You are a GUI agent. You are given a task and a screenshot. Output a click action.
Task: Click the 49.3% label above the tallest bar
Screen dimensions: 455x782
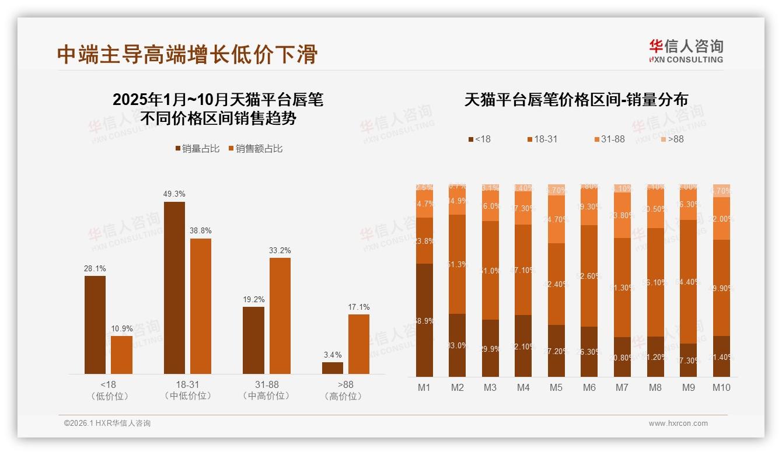click(x=174, y=194)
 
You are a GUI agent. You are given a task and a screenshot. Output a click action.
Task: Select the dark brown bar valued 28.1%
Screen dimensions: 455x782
click(x=95, y=324)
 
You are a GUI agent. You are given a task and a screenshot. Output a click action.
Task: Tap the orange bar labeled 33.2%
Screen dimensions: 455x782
click(x=280, y=315)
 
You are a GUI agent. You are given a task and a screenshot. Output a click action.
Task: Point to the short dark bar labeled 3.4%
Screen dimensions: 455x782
click(x=333, y=367)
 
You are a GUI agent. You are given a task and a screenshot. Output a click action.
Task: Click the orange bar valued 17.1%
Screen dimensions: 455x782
click(x=359, y=344)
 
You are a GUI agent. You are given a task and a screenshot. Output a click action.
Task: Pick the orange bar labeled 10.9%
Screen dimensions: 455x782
click(x=121, y=354)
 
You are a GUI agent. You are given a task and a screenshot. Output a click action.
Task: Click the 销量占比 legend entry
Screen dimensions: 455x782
click(x=197, y=149)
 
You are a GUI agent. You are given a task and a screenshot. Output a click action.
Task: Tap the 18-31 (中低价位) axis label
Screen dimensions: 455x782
click(x=188, y=390)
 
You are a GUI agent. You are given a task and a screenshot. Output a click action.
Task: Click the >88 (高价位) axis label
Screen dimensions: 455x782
click(x=345, y=390)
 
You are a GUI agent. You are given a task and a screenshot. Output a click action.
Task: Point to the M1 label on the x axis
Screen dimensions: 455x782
click(x=424, y=387)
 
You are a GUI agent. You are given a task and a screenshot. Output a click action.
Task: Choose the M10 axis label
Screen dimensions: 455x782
click(x=721, y=387)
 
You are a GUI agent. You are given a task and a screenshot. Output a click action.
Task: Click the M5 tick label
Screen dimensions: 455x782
click(x=556, y=387)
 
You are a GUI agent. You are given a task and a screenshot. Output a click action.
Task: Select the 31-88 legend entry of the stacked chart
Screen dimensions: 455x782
click(x=609, y=139)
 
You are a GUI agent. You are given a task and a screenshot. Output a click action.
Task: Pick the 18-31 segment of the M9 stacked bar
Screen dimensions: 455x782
click(x=688, y=281)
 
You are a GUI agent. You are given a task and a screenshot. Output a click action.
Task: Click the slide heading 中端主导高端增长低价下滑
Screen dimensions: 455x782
click(x=187, y=54)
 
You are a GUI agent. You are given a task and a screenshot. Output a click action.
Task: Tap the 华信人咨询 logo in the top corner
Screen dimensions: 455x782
click(x=686, y=51)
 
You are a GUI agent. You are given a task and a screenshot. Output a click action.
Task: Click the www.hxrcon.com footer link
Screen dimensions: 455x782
click(x=678, y=423)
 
